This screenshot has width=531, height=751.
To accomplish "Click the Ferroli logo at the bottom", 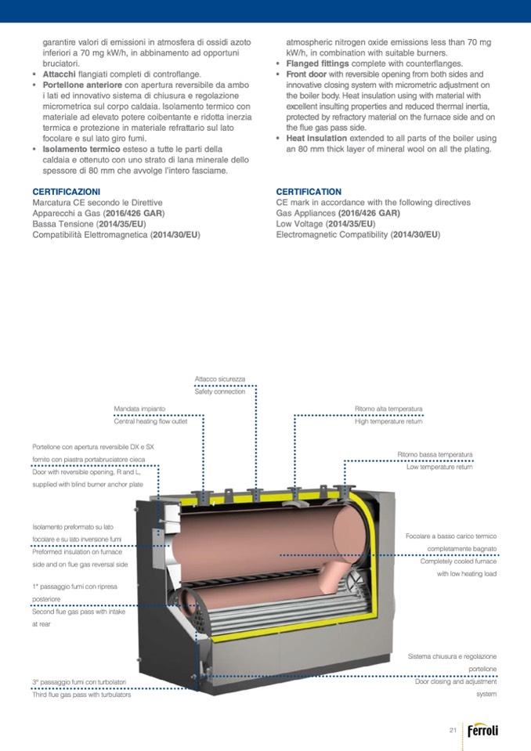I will [x=482, y=731].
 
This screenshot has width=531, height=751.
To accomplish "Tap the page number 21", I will [x=453, y=731].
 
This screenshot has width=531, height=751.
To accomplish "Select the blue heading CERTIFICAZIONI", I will [x=67, y=191].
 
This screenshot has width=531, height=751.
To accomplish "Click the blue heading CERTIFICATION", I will [x=309, y=191].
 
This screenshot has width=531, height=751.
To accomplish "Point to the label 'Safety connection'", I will [x=220, y=392].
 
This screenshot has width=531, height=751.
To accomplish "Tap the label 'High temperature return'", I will [x=388, y=421].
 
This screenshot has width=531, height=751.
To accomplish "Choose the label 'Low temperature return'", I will [x=439, y=468].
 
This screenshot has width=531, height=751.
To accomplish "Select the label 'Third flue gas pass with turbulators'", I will [x=81, y=695].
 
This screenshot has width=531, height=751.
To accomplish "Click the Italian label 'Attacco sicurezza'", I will [x=220, y=379].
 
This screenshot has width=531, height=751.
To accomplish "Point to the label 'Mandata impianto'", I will [x=139, y=409].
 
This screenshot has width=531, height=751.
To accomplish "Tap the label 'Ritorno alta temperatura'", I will [x=388, y=409].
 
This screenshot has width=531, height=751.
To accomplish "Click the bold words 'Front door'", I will [x=309, y=74].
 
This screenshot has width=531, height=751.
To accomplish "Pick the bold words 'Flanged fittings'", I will [x=318, y=63].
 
